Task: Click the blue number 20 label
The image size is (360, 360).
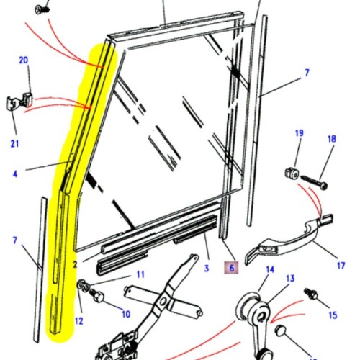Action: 23,60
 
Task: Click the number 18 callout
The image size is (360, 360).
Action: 332,140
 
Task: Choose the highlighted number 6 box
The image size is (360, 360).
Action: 232,268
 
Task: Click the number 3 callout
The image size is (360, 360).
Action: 206,268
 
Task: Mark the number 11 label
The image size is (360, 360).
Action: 140,274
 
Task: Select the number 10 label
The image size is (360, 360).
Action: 125,314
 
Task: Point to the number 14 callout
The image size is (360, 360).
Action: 271,270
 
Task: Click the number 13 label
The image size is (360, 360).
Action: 290,279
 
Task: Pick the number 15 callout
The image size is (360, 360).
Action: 333,315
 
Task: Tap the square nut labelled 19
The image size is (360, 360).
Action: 292,173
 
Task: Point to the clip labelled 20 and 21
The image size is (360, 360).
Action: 22,101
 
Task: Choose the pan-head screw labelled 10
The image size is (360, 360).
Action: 98,296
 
